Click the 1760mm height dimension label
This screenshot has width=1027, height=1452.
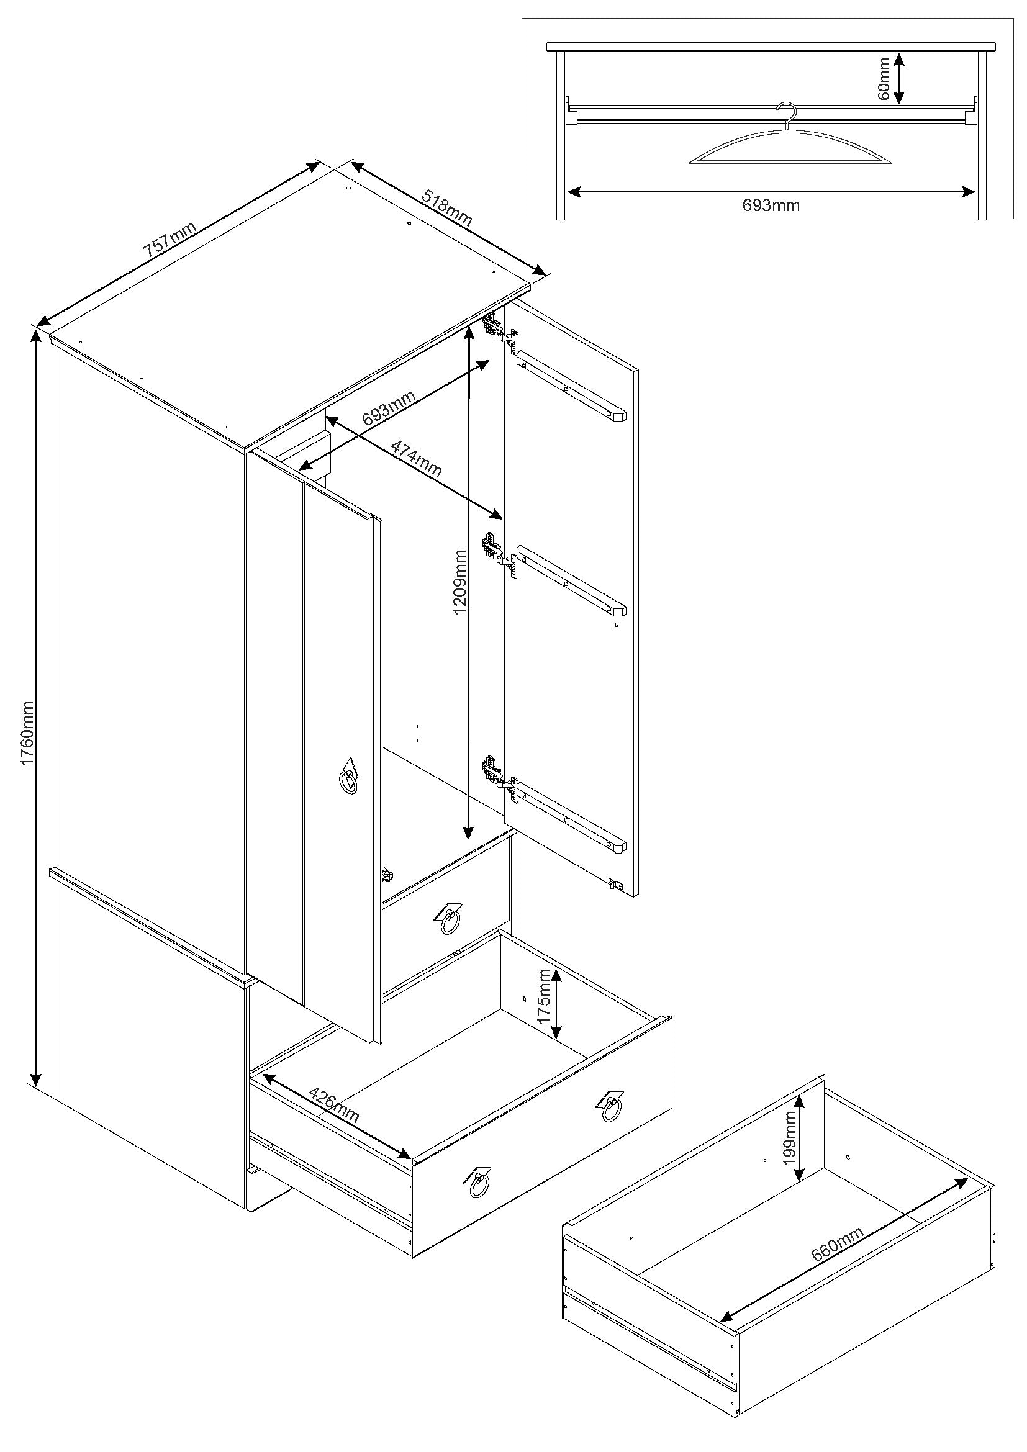point(27,733)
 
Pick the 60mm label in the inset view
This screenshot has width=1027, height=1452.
point(884,78)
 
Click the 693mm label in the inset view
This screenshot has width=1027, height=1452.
point(771,205)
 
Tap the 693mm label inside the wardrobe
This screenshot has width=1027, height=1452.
point(389,409)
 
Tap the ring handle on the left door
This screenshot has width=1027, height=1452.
point(348,780)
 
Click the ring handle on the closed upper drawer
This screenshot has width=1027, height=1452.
point(450,922)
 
